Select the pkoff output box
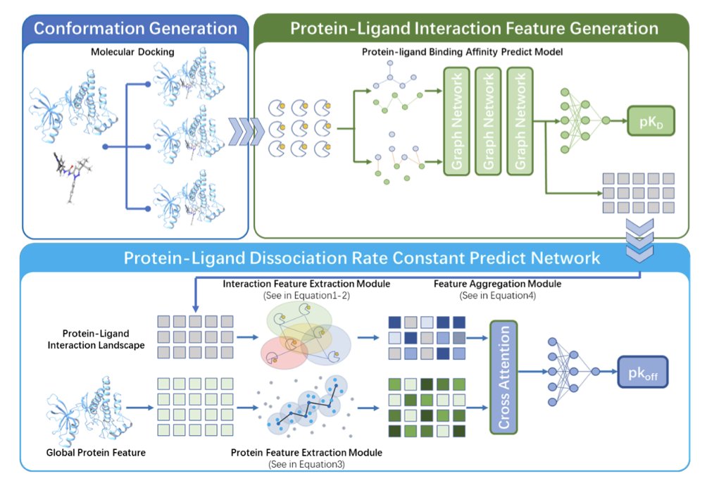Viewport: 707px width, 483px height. [642, 369]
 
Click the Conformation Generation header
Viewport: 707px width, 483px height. [135, 29]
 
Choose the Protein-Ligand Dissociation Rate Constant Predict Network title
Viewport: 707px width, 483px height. [362, 258]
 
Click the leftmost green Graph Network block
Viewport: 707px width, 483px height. [456, 122]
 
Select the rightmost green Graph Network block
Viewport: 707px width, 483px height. [520, 122]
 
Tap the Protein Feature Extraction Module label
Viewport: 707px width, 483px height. [306, 453]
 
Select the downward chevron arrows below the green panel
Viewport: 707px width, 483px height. [640, 239]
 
